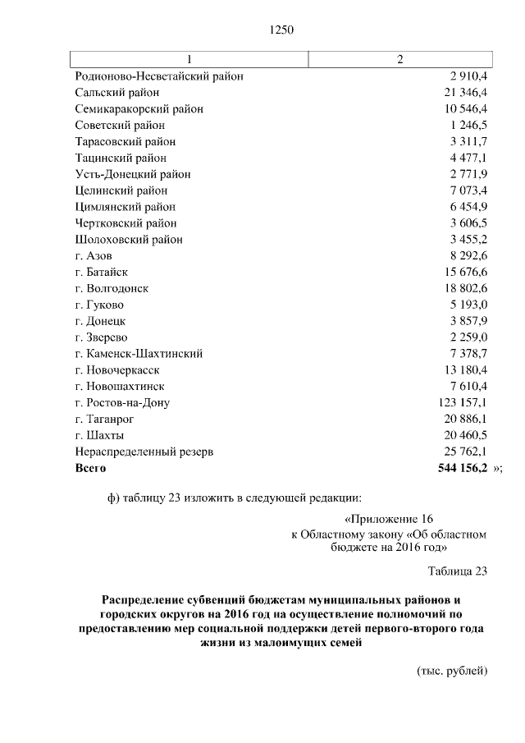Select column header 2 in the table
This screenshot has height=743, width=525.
[x=399, y=60]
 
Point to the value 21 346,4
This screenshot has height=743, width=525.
[x=465, y=93]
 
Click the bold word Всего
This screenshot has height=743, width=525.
[x=91, y=467]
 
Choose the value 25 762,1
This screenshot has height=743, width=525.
[x=465, y=452]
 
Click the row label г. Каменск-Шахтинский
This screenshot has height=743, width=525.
[x=139, y=353]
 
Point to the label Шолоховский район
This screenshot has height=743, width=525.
[x=129, y=240]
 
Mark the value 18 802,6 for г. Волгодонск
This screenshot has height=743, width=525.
[x=465, y=288]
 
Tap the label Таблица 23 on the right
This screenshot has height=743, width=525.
[x=458, y=571]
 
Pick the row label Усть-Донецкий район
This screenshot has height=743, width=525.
[x=133, y=174]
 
